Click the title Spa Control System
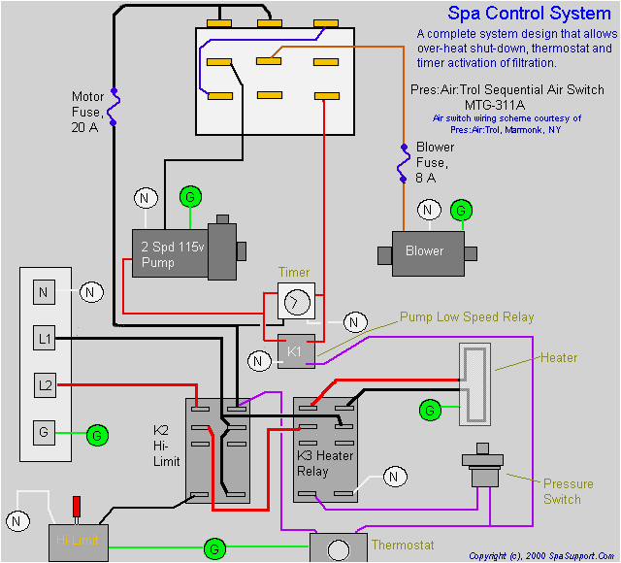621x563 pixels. click(x=529, y=14)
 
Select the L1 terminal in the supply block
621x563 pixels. click(x=45, y=339)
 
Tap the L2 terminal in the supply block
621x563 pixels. click(x=45, y=385)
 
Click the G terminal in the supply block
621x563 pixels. click(x=45, y=432)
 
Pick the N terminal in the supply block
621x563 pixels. click(x=45, y=291)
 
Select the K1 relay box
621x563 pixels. click(x=296, y=351)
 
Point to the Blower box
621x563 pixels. click(x=425, y=250)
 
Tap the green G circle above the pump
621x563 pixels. click(x=191, y=197)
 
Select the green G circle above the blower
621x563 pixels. click(x=462, y=210)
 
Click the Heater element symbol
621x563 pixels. click(x=474, y=384)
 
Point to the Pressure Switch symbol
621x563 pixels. click(x=482, y=469)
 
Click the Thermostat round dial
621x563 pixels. click(x=339, y=550)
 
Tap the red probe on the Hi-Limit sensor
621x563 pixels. click(x=78, y=508)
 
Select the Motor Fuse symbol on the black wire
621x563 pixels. click(x=114, y=107)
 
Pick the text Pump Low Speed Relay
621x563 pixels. click(x=467, y=317)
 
